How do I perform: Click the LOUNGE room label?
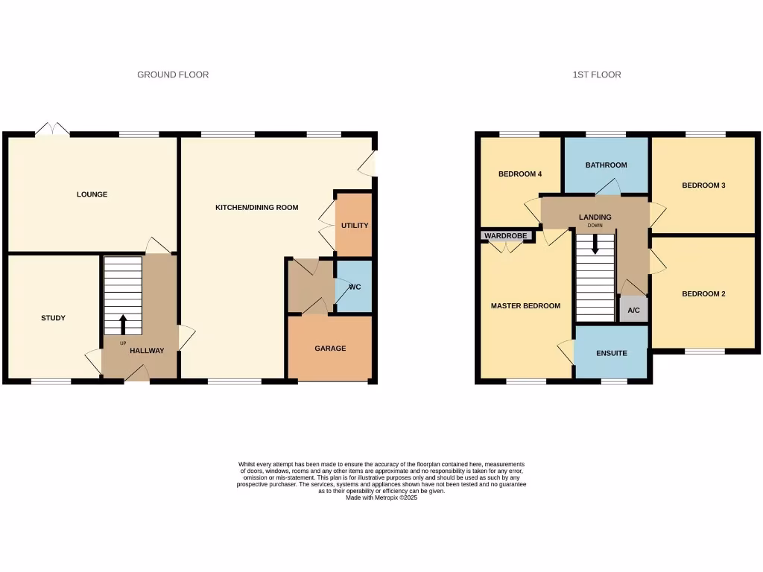92,194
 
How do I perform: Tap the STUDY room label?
53,318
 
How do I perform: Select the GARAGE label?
330,348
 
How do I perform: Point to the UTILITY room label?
355,226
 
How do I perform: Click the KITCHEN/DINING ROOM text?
257,207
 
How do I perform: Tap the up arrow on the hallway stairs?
123,323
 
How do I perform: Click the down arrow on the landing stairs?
595,244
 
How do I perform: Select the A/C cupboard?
633,310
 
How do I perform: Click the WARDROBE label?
506,236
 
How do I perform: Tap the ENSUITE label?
611,353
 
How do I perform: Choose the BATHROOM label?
606,165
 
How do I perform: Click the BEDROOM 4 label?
520,174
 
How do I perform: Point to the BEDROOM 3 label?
703,185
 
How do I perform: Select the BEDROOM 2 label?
703,293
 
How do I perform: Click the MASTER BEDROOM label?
525,306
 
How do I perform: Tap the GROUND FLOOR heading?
173,74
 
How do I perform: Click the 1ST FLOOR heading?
596,74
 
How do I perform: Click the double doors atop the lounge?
53,129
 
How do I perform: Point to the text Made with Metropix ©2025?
381,498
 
